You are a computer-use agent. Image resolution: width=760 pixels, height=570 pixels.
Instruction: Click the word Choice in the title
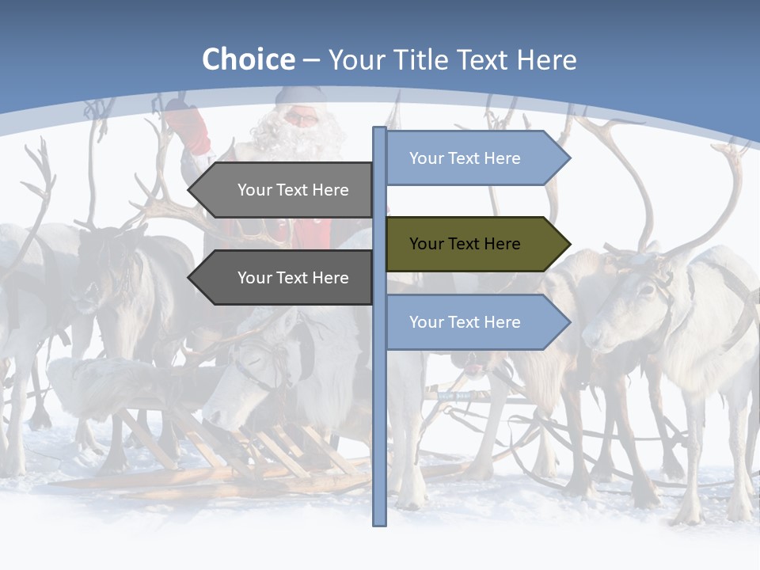click(x=248, y=60)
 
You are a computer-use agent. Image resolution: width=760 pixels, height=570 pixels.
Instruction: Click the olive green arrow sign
click(x=475, y=244)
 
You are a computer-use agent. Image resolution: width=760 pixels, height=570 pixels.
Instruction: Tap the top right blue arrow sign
click(x=475, y=158)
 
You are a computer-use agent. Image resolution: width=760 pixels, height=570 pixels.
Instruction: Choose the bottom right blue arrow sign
click(x=475, y=322)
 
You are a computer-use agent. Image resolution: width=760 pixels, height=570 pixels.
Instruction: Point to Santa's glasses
click(x=301, y=119)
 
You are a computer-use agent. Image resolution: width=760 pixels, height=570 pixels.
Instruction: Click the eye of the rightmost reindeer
click(x=645, y=291)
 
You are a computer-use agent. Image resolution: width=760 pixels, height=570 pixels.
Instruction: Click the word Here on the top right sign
click(x=502, y=158)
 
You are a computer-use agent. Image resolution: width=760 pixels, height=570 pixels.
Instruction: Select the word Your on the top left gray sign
click(x=255, y=190)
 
